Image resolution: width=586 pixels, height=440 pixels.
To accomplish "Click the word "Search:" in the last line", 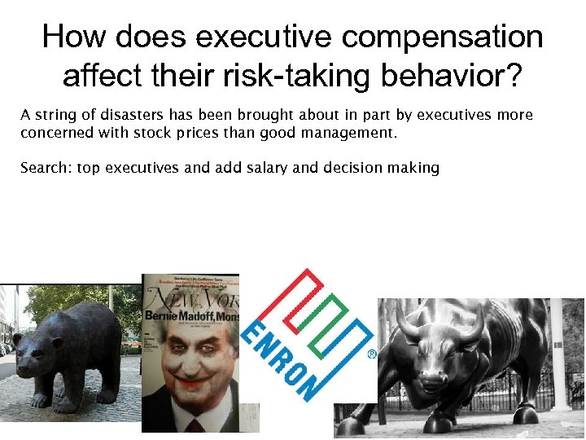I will [45, 168].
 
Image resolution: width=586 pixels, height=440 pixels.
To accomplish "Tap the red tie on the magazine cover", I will [194, 425].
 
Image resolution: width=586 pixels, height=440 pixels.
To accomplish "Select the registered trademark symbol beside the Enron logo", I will [372, 354].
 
